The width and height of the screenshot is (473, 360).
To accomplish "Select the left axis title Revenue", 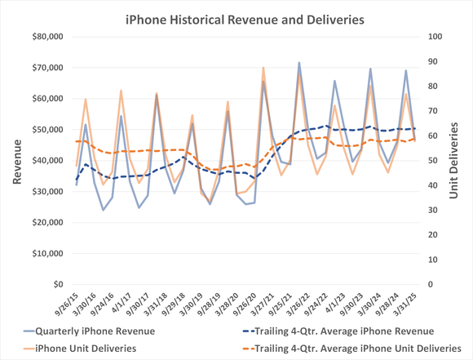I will point(15,160).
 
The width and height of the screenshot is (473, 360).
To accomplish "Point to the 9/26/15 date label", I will point(65,305).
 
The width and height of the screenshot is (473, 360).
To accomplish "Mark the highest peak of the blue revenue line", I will point(298,62).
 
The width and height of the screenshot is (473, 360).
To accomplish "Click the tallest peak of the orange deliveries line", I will point(263,68).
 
